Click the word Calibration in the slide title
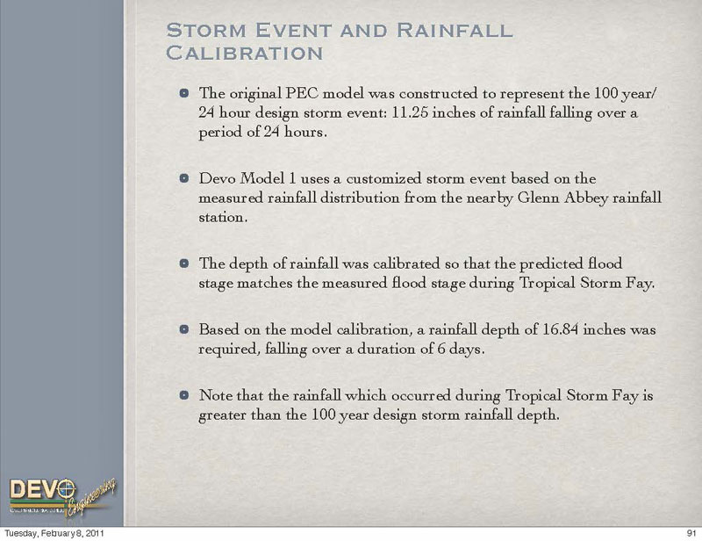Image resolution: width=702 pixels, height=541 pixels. (244, 54)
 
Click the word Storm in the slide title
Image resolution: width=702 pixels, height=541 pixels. (204, 30)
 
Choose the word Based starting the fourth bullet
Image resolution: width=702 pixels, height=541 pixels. (218, 330)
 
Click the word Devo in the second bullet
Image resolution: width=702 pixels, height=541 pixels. (218, 178)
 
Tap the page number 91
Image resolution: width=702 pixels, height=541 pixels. (690, 533)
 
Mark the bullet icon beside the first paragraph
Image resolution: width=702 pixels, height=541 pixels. (183, 93)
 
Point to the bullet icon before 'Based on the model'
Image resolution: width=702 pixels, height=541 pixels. (183, 330)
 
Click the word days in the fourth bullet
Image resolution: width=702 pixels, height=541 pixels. (466, 350)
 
